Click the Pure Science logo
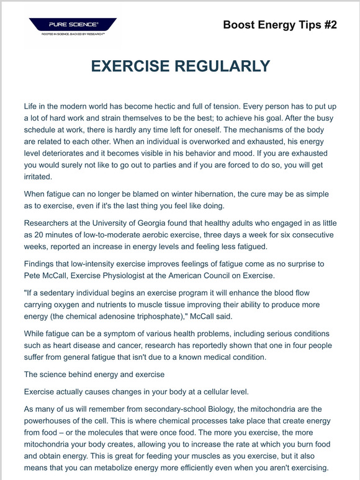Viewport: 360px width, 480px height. pyautogui.click(x=72, y=27)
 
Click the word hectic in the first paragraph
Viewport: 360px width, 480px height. pyautogui.click(x=190, y=107)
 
